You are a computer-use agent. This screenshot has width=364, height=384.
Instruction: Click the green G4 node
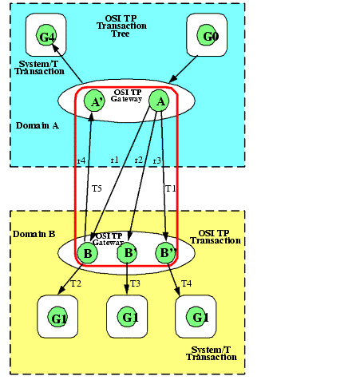coord(46,35)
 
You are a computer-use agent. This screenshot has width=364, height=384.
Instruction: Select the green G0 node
coord(207,35)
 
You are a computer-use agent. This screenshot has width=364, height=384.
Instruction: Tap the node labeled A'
coord(94,101)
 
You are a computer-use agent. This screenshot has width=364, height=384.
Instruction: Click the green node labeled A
coord(159,101)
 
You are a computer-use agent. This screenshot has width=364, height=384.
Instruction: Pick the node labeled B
coord(87,253)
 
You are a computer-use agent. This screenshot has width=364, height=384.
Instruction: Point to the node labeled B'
coord(128,253)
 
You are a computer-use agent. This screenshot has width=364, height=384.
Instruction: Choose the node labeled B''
coord(165,253)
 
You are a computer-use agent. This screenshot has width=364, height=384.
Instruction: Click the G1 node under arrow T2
coord(57,317)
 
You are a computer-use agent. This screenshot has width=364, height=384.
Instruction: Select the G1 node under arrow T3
coord(128,317)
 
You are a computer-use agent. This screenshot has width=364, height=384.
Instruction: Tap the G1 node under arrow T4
coord(196,317)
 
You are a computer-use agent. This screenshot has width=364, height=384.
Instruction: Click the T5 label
coord(97,188)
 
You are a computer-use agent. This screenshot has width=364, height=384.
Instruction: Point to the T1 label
coord(171,188)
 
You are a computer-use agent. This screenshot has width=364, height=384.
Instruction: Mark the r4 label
coord(81,160)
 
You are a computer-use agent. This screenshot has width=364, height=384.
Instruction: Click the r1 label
coord(115,160)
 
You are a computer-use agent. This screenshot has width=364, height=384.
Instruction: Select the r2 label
coord(139,160)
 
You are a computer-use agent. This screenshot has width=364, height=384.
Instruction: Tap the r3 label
coord(157,160)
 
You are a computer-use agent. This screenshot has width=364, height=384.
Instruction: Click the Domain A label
coord(38,125)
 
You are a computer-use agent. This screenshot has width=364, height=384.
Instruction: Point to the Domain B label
coord(34,234)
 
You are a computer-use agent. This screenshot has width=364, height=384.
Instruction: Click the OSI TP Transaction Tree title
coord(121,26)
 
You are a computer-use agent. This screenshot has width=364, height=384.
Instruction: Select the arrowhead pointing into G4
coord(55,48)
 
